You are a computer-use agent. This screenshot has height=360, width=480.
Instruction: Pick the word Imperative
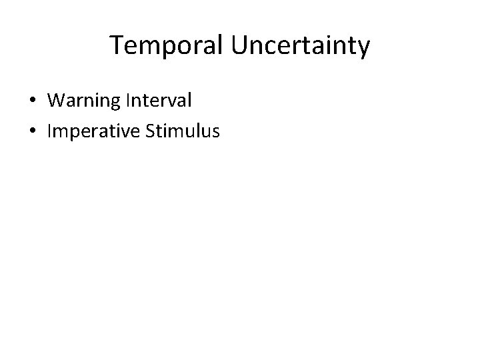click(x=91, y=132)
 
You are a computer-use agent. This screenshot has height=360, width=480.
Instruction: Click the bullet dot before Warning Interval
click(x=33, y=101)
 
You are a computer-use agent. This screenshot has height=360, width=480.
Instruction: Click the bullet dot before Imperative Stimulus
click(x=33, y=132)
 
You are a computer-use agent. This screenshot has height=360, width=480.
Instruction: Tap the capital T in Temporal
click(x=117, y=45)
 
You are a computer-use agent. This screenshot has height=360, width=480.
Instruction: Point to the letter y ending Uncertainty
click(x=363, y=48)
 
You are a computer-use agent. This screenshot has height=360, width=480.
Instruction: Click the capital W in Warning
click(x=57, y=101)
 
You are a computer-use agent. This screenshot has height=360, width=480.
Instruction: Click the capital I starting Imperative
click(x=50, y=132)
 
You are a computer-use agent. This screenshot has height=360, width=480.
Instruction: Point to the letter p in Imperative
click(x=71, y=134)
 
